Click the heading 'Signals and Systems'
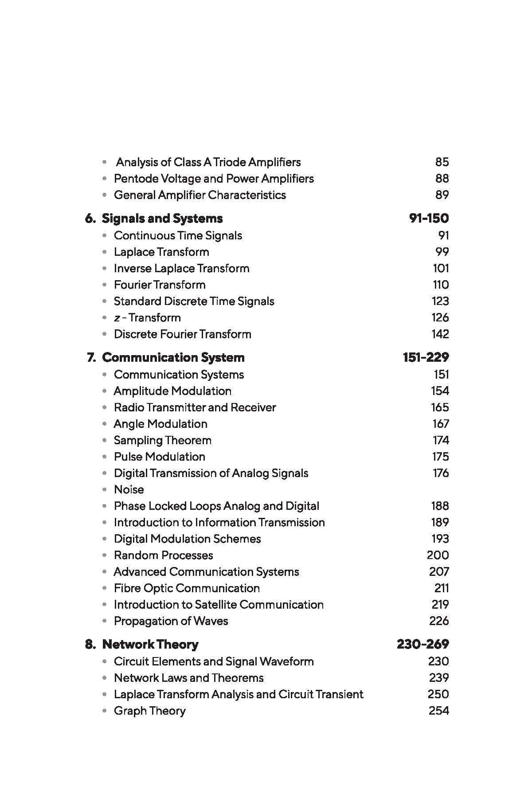(x=162, y=219)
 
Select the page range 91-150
(x=429, y=219)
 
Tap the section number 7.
(x=91, y=358)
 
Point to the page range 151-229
(x=426, y=358)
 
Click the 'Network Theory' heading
(x=150, y=645)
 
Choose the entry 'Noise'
(x=129, y=490)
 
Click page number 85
(x=442, y=162)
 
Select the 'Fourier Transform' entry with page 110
(x=160, y=285)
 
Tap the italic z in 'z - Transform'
(x=117, y=318)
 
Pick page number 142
(x=440, y=334)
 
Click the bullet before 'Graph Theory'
(x=105, y=711)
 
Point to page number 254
(x=438, y=711)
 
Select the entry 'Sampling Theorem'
(x=162, y=441)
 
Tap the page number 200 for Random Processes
(x=438, y=555)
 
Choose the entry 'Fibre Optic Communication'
(x=187, y=588)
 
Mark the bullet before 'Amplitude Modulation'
(x=105, y=391)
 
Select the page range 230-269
(x=422, y=645)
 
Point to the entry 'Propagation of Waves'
(x=171, y=621)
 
